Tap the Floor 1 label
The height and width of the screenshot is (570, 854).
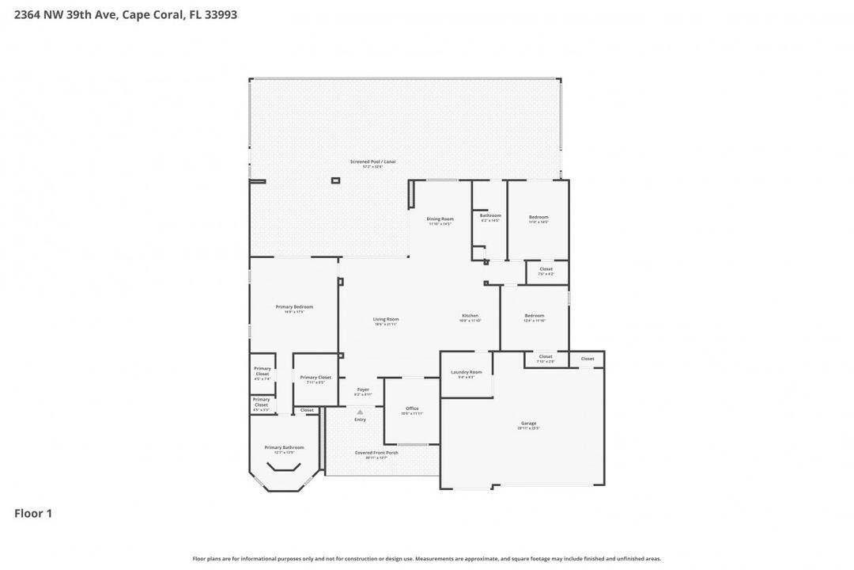[33, 514]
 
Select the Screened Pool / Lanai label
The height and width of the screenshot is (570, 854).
[372, 161]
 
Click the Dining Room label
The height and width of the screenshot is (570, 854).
[440, 218]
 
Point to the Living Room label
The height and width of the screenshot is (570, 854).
[386, 319]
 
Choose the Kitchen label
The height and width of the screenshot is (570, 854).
[470, 316]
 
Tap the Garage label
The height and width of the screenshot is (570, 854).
[527, 423]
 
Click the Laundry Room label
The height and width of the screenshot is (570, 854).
[466, 372]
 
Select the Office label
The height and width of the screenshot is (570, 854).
[412, 408]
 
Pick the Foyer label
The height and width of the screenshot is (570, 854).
[363, 389]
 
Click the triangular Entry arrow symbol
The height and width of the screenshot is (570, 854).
[360, 412]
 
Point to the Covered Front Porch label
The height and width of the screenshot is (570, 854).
[376, 452]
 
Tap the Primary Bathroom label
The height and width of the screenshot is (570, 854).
[284, 447]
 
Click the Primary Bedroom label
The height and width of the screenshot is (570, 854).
[294, 306]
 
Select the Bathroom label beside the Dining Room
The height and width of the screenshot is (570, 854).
[490, 215]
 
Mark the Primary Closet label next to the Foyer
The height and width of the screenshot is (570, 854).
[316, 378]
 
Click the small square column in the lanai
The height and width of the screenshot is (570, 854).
[335, 180]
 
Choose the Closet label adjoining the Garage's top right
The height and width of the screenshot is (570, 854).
[588, 359]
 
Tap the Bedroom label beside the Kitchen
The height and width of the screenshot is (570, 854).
[535, 316]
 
